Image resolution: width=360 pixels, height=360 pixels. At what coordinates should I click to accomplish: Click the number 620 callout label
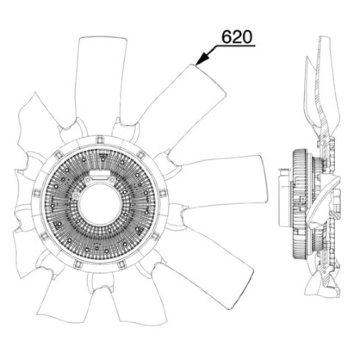click(x=237, y=37)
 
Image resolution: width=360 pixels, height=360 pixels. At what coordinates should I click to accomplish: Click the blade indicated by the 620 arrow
click(x=175, y=108)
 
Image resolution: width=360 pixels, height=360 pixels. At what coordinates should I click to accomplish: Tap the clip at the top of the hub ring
click(x=99, y=139)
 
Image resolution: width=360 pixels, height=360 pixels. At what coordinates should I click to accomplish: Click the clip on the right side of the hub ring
click(x=163, y=193)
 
